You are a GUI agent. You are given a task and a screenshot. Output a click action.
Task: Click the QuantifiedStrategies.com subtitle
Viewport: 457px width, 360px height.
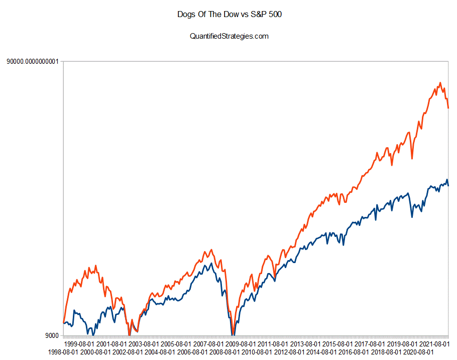tap(228, 36)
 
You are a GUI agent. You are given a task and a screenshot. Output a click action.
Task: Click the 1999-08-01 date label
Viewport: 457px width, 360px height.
tap(78, 344)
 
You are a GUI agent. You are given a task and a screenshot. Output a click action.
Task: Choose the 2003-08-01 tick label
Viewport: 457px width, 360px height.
tap(143, 344)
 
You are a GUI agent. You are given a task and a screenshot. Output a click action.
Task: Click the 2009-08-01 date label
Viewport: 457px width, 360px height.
tap(240, 344)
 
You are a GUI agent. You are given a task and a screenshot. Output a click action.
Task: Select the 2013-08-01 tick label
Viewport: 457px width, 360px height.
tap(304, 344)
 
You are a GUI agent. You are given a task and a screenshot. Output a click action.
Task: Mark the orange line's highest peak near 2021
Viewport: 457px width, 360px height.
tap(440, 83)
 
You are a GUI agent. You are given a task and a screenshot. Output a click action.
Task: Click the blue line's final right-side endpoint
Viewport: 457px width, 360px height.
tap(448, 185)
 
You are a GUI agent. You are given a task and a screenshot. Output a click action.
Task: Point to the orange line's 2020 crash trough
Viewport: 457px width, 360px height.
tap(412, 159)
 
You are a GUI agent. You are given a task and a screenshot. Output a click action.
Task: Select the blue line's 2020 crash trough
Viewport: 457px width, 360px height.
tap(412, 217)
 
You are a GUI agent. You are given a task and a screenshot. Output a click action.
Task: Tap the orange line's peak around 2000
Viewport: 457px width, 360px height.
tap(96, 266)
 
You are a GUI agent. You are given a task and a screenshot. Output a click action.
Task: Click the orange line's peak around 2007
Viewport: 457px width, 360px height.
tap(211, 250)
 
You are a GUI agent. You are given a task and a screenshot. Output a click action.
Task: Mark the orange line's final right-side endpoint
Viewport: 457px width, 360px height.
tap(448, 108)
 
